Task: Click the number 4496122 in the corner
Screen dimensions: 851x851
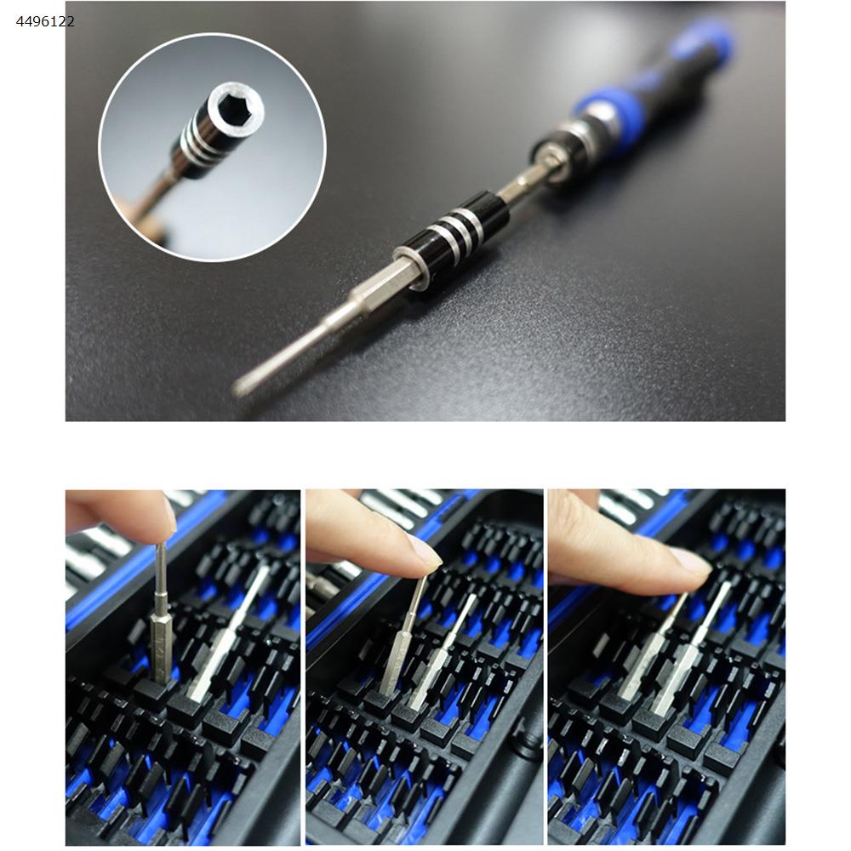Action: click(46, 22)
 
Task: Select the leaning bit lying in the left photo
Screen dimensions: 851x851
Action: click(228, 632)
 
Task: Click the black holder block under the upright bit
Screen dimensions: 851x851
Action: click(155, 690)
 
